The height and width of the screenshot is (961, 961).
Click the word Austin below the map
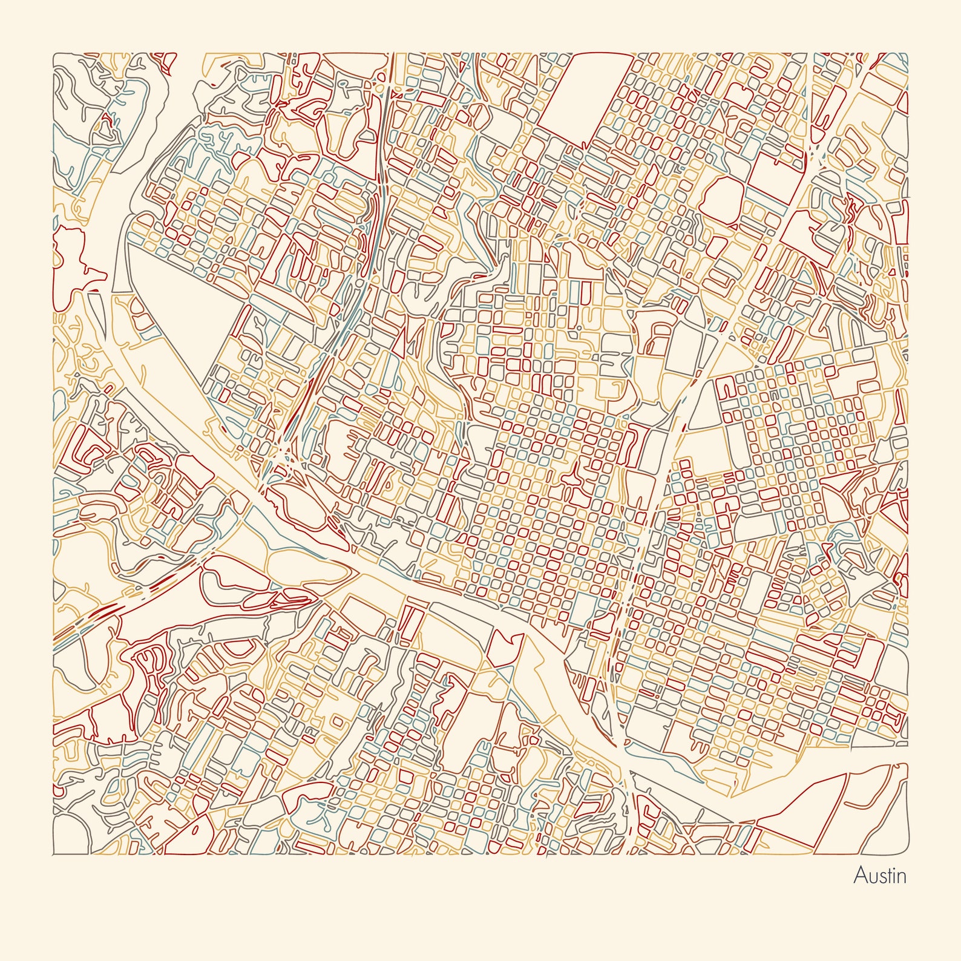pyautogui.click(x=879, y=875)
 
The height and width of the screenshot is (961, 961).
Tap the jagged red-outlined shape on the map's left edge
pyautogui.click(x=73, y=260)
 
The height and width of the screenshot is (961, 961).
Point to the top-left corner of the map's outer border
pyautogui.click(x=53, y=53)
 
